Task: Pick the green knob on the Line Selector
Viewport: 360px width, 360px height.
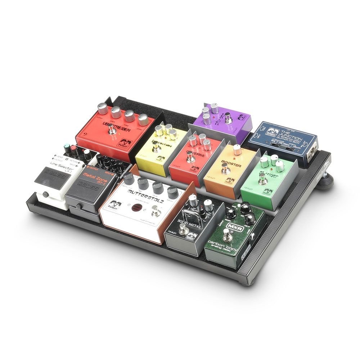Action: [x=66, y=148]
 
